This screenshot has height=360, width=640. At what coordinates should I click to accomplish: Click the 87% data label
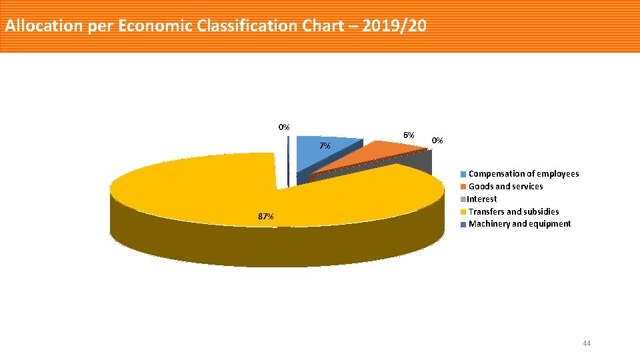click(x=265, y=217)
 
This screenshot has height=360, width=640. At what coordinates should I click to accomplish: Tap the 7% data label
click(x=324, y=146)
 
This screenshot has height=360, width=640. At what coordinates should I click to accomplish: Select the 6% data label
click(x=409, y=135)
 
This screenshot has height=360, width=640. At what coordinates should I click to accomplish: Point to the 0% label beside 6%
click(x=437, y=141)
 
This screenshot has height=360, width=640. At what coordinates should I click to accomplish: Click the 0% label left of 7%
click(x=284, y=127)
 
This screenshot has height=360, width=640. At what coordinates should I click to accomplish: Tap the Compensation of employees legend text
click(x=523, y=174)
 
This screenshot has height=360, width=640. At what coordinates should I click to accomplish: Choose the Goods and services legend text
click(x=505, y=187)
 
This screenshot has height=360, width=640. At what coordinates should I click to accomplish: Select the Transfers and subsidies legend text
click(x=513, y=211)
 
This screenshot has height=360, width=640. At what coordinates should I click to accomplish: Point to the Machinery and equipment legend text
click(x=519, y=224)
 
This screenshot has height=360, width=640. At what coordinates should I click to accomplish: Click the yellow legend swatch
click(x=464, y=212)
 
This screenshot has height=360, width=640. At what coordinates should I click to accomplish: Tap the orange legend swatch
click(x=464, y=187)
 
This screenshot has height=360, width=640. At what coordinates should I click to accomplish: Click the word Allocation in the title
click(x=44, y=27)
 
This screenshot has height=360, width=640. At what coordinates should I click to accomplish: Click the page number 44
click(x=587, y=343)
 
